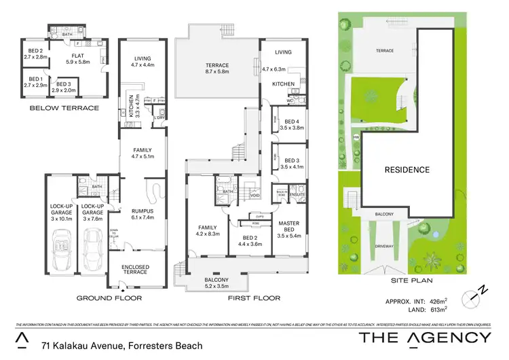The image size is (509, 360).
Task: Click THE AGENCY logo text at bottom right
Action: (x=424, y=338)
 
